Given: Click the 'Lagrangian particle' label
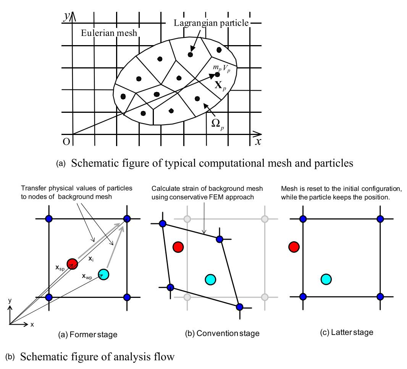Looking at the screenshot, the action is point(211,23).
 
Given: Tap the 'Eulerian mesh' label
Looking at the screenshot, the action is point(109,33).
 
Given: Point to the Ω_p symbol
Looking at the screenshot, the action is point(218,124).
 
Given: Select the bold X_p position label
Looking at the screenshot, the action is point(220,85).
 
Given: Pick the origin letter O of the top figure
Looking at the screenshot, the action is point(66,142).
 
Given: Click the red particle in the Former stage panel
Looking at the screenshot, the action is point(72,264).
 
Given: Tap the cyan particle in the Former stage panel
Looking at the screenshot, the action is point(103,274).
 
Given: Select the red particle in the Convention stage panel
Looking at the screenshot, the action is point(178,247).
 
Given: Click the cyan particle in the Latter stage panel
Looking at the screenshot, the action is point(326,279).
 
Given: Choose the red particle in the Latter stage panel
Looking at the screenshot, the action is point(294,247).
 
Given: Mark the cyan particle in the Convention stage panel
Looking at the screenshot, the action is point(210,280).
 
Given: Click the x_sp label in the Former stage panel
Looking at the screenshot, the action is point(60,268).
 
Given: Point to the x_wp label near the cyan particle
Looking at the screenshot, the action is point(87,276).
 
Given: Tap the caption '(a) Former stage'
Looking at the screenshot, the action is point(88,335).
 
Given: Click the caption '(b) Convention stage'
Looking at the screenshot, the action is point(222,333).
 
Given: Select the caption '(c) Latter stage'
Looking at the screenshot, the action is point(347,332).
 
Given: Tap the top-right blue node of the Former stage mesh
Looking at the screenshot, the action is point(127,219).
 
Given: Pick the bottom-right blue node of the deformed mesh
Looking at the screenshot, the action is point(239,307).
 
